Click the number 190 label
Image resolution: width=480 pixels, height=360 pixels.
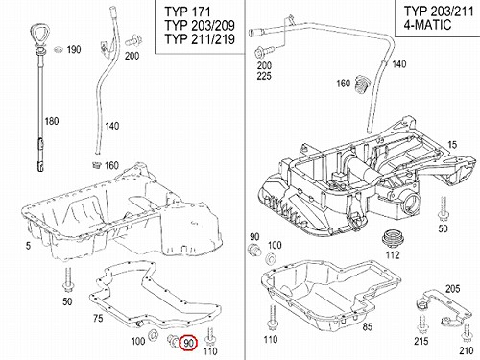74,50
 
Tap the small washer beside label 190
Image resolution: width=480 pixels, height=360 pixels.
59,49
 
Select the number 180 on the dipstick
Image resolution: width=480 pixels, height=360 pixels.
52,121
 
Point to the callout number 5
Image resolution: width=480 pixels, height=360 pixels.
29,246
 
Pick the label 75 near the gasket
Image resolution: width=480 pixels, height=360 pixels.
98,318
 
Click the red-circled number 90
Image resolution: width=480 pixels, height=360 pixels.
188,343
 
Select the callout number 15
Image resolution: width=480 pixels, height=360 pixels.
452,145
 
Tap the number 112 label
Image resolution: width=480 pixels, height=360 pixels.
393,255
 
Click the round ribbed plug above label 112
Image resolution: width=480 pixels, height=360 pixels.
393,239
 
